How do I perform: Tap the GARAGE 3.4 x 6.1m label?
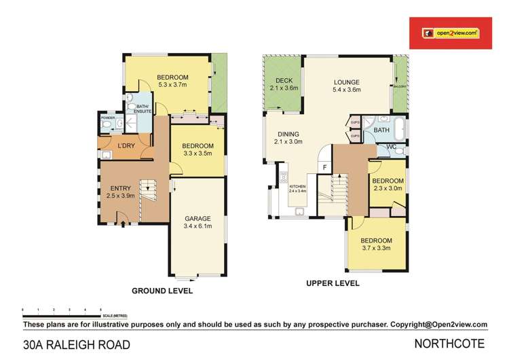(198, 223)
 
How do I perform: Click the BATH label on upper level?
(381, 130)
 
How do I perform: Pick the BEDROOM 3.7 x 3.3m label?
(376, 245)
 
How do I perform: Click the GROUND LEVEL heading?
(162, 291)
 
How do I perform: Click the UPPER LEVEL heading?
(333, 283)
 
